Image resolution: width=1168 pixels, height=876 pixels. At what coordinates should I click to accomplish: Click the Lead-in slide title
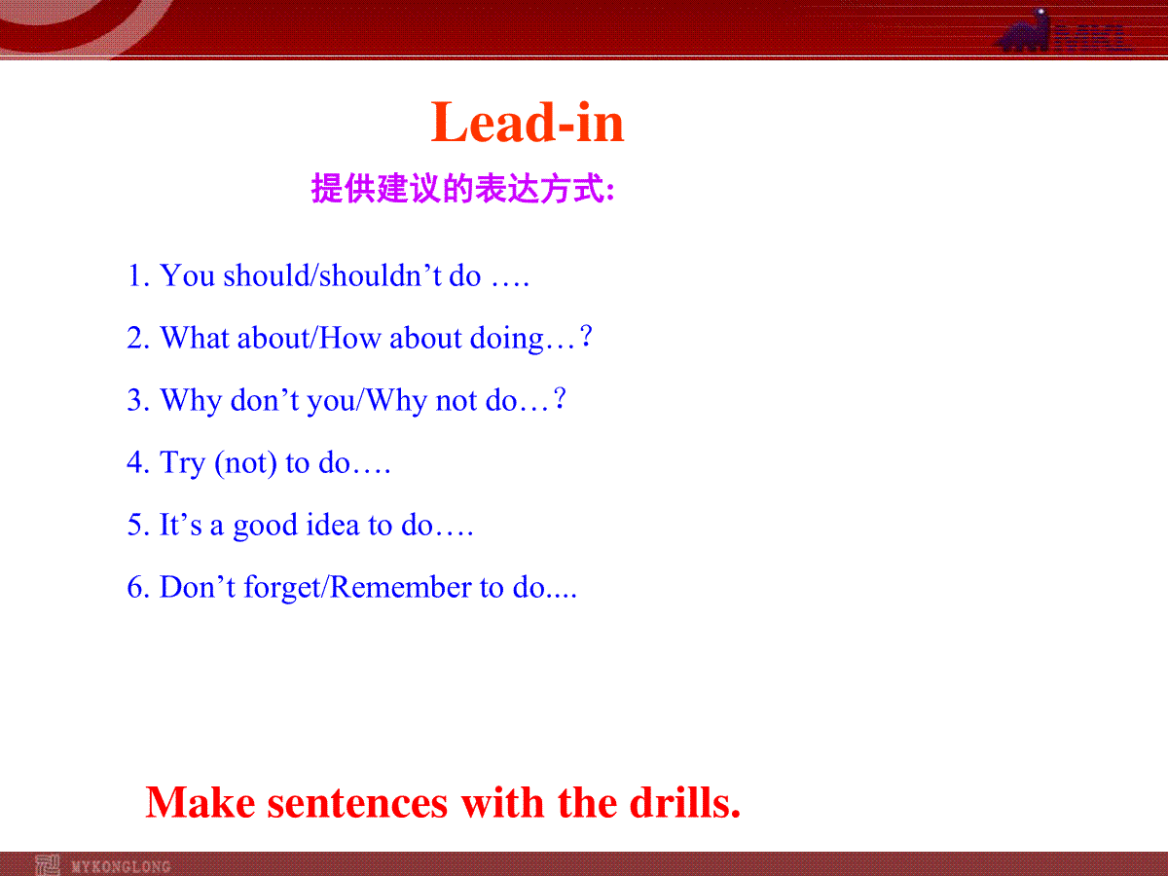(527, 123)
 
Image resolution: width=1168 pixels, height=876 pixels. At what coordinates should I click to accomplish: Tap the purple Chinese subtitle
(463, 188)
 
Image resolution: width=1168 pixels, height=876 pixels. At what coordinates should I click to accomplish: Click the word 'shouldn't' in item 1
(380, 275)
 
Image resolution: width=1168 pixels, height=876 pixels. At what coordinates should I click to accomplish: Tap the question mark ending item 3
(560, 399)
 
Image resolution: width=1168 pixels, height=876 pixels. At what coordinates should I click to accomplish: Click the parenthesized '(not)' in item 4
(246, 463)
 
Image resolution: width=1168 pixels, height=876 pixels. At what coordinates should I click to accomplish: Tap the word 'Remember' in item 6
(401, 587)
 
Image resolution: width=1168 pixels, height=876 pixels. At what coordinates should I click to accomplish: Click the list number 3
(137, 400)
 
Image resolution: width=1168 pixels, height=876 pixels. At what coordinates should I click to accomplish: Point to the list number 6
(137, 587)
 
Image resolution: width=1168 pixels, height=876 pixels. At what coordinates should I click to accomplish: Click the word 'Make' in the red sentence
(201, 803)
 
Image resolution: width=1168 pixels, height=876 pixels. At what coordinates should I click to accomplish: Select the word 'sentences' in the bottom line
(357, 804)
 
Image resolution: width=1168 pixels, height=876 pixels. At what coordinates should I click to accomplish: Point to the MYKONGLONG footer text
(121, 866)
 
